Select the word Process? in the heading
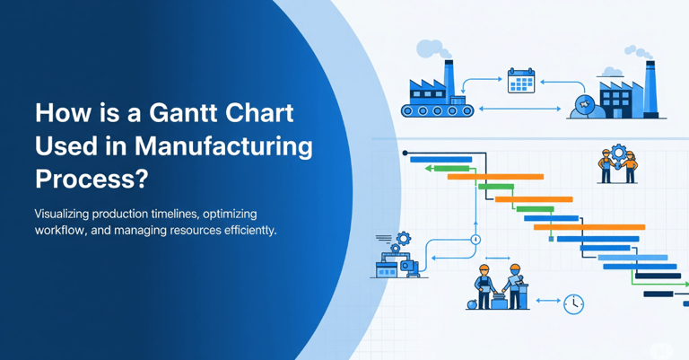pos(92,180)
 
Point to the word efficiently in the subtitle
pos(250,231)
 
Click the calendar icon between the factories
pos(521,81)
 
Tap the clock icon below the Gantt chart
pos(573,303)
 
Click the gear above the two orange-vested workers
pos(618,153)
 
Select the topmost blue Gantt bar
pos(440,160)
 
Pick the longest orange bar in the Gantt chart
pos(589,227)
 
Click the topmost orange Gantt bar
pos(495,177)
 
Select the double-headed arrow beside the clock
pos(548,301)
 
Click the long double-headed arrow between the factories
pos(519,109)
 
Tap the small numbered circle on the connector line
pos(475,240)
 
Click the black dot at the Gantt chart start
pos(406,153)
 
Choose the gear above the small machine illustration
pos(404,239)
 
